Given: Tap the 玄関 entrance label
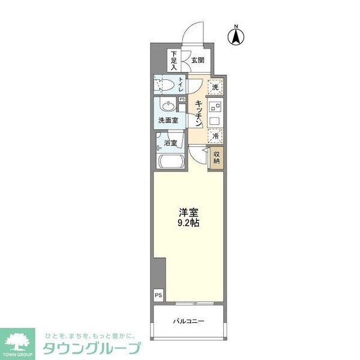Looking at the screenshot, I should point(198,60).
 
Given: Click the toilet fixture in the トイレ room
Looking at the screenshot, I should point(164,85).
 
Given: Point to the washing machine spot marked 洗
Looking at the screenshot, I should point(215,88).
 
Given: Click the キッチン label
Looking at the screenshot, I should point(198,112).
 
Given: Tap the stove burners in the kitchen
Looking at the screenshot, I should point(215,108).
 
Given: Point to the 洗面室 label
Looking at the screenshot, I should point(168,121).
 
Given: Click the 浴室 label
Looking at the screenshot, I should point(171,143).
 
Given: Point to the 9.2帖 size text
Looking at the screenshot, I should point(188,223).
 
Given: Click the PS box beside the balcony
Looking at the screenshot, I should point(158,295).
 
